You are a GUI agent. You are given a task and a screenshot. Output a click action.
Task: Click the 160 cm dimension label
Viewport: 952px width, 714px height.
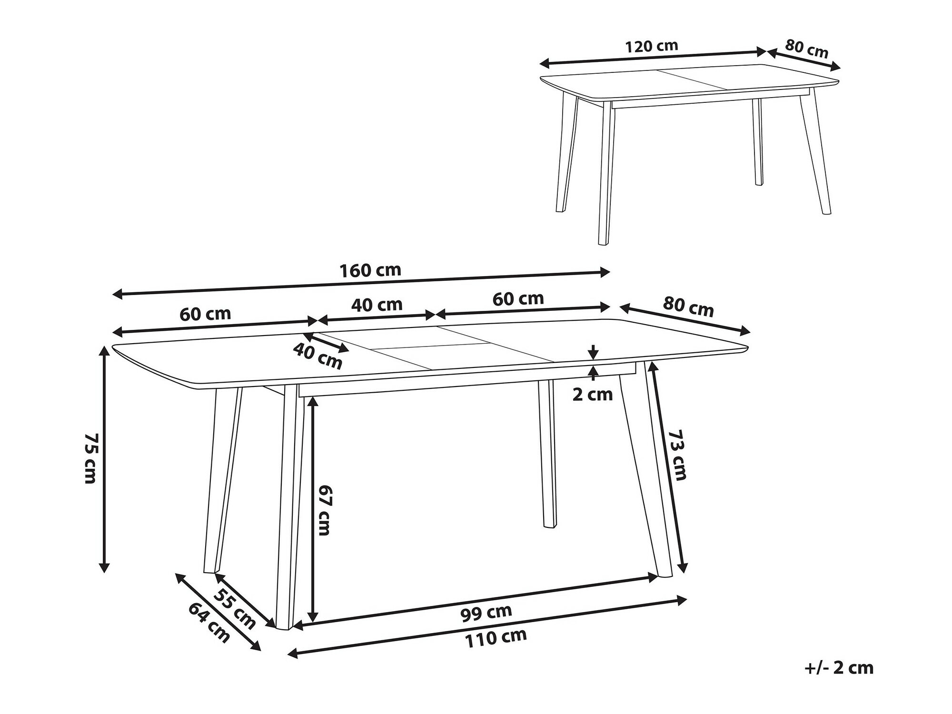370,270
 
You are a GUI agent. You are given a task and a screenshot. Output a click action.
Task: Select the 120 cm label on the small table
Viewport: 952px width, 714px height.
651,46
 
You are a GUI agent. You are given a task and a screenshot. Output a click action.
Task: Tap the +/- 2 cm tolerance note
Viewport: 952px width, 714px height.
839,668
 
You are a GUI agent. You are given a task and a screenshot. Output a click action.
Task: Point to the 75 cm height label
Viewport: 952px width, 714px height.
90,458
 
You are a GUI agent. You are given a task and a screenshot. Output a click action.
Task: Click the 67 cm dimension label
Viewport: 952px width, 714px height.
324,510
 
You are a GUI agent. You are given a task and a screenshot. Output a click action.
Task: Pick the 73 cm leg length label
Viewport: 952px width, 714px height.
678,455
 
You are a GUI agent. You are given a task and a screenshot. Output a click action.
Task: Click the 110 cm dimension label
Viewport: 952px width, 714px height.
496,638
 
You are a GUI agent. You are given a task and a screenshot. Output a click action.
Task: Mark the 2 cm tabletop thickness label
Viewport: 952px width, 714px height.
592,394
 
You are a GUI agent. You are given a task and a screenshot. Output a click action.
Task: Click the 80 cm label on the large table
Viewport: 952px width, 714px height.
688,307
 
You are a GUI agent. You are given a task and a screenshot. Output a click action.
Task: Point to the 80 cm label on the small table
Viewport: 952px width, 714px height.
807,49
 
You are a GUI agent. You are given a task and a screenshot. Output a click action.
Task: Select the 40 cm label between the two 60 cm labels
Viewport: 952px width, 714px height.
377,304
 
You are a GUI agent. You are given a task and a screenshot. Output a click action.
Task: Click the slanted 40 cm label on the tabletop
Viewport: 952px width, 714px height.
317,356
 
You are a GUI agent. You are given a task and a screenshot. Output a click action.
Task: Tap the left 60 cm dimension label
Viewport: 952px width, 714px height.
205,314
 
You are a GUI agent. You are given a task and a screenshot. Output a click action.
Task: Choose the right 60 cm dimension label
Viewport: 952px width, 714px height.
518,298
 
